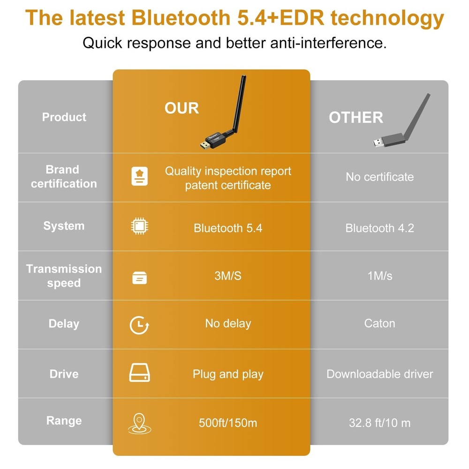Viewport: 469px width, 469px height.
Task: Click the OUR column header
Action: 182,108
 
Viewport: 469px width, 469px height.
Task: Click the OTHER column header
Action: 356,117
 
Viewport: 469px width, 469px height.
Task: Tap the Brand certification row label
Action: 64,177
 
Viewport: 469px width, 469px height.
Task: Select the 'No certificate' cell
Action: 379,177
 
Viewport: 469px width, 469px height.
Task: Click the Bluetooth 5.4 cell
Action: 228,228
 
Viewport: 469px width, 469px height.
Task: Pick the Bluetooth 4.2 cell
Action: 379,228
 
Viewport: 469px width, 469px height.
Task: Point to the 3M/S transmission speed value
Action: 228,276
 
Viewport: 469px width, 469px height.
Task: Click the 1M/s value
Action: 379,276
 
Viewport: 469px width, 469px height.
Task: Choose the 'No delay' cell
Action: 228,323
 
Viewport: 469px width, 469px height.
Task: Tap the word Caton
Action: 379,323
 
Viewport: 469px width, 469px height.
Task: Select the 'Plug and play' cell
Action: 228,374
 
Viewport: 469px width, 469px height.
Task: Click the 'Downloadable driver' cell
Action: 379,374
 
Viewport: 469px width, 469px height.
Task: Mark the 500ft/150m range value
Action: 228,423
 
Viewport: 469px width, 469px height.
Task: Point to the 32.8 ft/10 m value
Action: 379,423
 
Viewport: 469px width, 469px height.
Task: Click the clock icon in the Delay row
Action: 139,325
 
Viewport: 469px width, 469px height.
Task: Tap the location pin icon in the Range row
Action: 139,423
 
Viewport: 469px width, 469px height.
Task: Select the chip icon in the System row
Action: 139,227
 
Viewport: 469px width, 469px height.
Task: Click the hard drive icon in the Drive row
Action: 139,373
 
